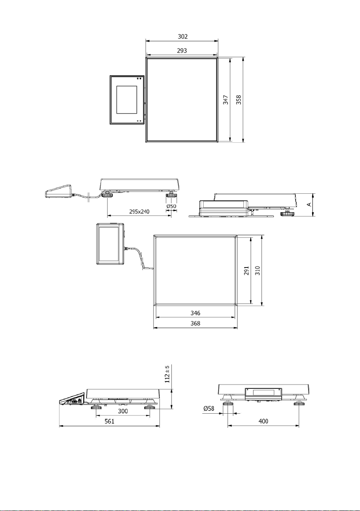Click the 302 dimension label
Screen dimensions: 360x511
click(183, 36)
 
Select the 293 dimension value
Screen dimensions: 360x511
click(182, 51)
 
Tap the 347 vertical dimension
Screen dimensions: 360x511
click(225, 100)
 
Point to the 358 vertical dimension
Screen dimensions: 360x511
click(239, 99)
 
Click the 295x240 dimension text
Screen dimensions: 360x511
click(139, 211)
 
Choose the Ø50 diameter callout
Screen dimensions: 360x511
click(171, 206)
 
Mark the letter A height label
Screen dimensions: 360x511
click(309, 204)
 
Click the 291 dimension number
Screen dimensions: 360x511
click(246, 271)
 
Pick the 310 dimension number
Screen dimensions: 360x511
click(258, 271)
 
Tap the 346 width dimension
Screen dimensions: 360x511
click(195, 313)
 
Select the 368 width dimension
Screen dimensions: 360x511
click(195, 323)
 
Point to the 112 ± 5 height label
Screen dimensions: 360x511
click(167, 374)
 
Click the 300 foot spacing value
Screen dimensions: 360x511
click(123, 411)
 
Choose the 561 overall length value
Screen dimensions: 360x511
click(109, 421)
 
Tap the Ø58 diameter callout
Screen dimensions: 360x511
click(209, 408)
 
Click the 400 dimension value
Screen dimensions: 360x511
click(263, 421)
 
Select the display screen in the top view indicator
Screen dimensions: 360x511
click(127, 100)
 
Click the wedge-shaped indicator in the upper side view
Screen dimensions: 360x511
click(58, 192)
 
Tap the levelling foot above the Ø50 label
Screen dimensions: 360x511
click(171, 195)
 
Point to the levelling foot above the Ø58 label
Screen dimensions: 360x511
click(228, 404)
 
